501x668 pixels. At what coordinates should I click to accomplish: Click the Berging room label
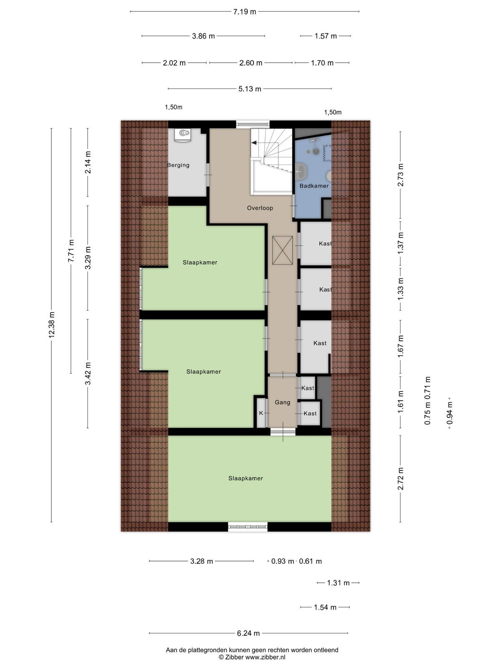pyautogui.click(x=178, y=165)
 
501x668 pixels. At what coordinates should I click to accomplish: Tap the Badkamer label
pyautogui.click(x=314, y=186)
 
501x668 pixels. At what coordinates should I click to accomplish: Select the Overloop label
pyautogui.click(x=260, y=208)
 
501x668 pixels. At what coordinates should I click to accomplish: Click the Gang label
pyautogui.click(x=282, y=402)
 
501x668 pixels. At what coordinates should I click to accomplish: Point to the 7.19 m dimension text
pyautogui.click(x=245, y=12)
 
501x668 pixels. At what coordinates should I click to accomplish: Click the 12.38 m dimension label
pyautogui.click(x=51, y=325)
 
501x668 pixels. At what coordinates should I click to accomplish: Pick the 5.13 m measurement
pyautogui.click(x=250, y=89)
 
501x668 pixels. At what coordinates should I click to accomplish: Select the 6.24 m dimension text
pyautogui.click(x=248, y=633)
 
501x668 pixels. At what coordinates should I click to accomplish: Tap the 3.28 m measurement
pyautogui.click(x=201, y=561)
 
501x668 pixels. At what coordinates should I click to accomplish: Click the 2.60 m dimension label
pyautogui.click(x=250, y=63)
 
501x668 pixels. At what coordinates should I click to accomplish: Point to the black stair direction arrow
pyautogui.click(x=254, y=143)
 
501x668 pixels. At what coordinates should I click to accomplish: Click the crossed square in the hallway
pyautogui.click(x=282, y=250)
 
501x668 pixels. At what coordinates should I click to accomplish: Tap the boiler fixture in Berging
pyautogui.click(x=184, y=135)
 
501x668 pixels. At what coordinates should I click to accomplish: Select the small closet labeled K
pyautogui.click(x=261, y=413)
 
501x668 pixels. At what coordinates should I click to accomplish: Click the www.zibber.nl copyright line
pyautogui.click(x=252, y=657)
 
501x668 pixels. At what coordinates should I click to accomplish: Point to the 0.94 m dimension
pyautogui.click(x=450, y=413)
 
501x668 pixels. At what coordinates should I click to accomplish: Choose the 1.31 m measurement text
pyautogui.click(x=338, y=583)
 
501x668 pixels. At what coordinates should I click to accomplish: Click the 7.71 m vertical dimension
pyautogui.click(x=71, y=251)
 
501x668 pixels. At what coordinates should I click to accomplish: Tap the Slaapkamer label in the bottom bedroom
pyautogui.click(x=245, y=478)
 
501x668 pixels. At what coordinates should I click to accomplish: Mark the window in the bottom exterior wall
pyautogui.click(x=248, y=527)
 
